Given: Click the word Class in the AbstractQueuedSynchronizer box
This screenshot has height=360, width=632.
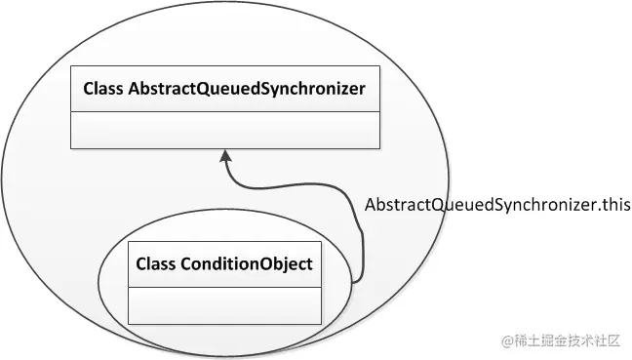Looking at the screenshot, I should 103,90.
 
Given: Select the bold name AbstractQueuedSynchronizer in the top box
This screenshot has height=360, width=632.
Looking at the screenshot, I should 247,90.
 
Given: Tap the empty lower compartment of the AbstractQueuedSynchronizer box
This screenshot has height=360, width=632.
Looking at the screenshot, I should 225,129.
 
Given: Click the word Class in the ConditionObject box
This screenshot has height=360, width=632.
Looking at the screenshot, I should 155,264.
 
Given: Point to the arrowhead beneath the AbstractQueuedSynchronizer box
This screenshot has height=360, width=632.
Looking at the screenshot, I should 225,155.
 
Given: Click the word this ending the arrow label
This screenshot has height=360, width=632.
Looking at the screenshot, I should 616,206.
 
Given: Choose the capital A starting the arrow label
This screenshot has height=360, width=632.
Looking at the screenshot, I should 371,206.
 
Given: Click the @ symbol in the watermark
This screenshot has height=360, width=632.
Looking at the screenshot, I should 507,341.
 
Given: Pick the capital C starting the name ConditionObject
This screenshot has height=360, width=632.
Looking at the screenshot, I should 185,264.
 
